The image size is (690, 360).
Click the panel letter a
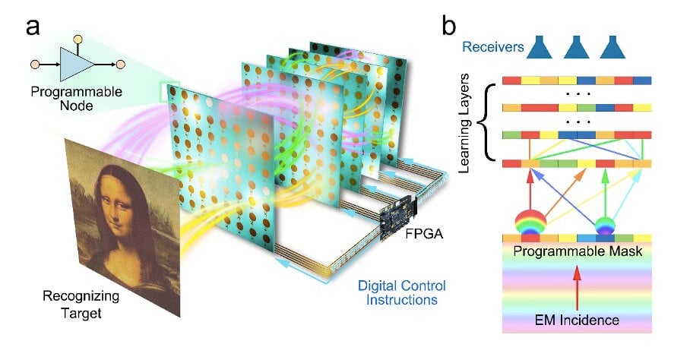tap(33, 27)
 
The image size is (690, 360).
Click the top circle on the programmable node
tap(78, 39)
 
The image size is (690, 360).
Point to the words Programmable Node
tap(77, 99)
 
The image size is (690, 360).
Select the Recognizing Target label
tap(81, 304)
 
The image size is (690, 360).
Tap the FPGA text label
tap(424, 233)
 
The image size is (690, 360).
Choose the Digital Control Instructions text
tap(401, 292)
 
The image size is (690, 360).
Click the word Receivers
tap(493, 47)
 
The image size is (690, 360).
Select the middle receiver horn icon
tap(576, 47)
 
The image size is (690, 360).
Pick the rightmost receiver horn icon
tap(612, 47)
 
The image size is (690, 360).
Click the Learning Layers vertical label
tap(464, 123)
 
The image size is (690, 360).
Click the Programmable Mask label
tap(578, 251)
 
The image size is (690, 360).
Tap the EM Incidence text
tap(577, 320)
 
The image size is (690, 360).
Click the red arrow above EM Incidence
tap(577, 288)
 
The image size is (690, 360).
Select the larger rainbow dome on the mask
tap(530, 222)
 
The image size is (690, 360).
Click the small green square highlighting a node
tap(169, 91)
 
